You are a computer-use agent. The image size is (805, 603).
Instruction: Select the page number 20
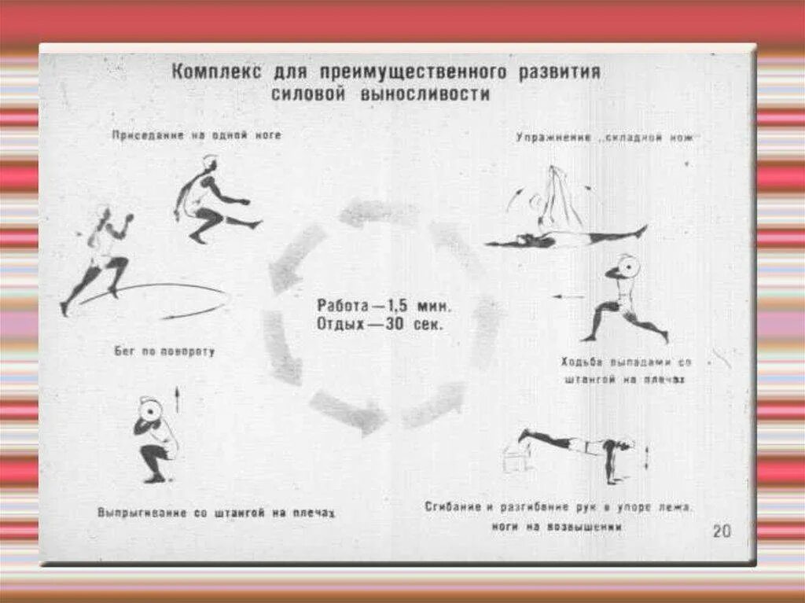[721, 531]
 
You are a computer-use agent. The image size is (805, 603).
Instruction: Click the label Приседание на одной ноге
[196, 135]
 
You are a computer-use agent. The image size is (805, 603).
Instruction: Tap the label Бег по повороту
[164, 351]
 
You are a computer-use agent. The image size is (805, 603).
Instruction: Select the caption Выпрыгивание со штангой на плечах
[216, 513]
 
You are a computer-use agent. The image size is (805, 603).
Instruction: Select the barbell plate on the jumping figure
[150, 410]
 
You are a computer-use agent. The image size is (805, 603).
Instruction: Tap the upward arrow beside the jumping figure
[177, 399]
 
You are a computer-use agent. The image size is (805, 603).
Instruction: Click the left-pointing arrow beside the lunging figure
[567, 296]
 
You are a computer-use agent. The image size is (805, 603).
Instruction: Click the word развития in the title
[558, 72]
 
